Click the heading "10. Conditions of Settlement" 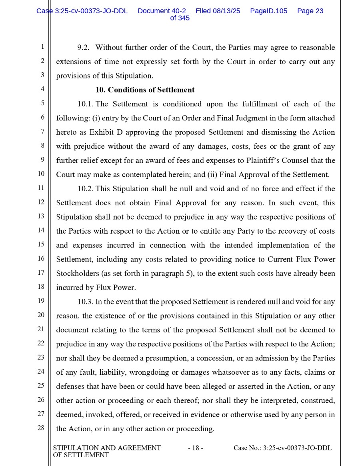coord(145,90)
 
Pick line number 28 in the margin coord(41,428)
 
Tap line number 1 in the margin coord(42,47)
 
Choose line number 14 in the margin coord(41,230)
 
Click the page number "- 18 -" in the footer coord(196,448)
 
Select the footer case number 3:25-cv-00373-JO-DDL coord(297,448)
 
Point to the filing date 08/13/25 coord(226,11)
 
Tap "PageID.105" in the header coord(268,11)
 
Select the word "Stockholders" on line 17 coord(77,274)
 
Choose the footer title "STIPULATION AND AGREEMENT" coord(107,448)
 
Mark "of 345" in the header coord(180,18)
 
